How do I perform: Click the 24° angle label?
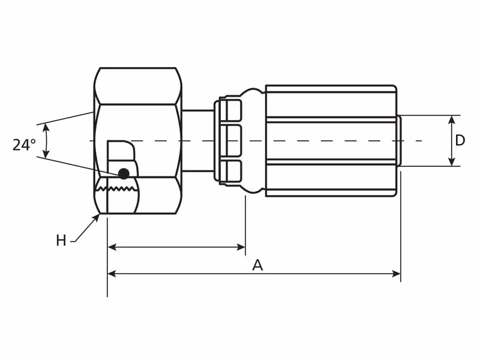(x=24, y=145)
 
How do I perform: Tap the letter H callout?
(x=61, y=241)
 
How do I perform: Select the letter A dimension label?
(x=258, y=265)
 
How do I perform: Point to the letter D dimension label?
(x=460, y=140)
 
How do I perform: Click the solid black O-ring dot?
(x=124, y=174)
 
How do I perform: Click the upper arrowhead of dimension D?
(x=452, y=119)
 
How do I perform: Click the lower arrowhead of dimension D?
(x=452, y=162)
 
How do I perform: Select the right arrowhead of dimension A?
(x=397, y=274)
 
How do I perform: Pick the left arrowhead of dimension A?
(x=112, y=274)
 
